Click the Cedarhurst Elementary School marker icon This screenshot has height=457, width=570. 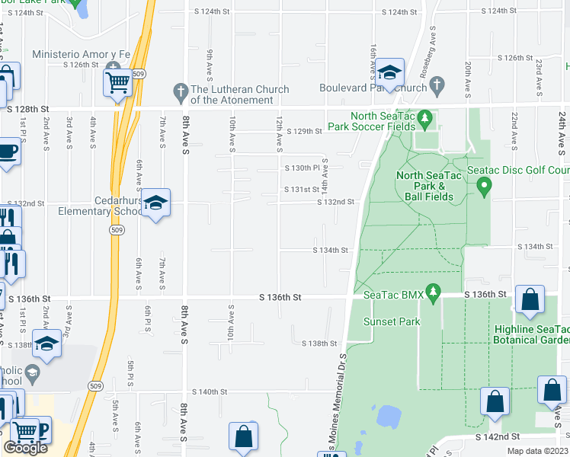(x=155, y=203)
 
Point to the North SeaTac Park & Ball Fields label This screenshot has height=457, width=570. (x=425, y=186)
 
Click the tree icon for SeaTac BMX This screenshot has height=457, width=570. (x=434, y=291)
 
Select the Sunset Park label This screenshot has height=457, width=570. (x=392, y=321)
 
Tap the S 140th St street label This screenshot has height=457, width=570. (x=210, y=391)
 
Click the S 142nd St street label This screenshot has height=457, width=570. (x=498, y=437)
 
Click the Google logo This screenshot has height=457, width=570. (x=25, y=448)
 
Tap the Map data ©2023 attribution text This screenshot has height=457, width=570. (x=536, y=451)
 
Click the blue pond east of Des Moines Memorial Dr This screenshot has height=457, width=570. (x=389, y=417)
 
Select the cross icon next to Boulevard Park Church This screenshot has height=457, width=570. (x=437, y=88)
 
